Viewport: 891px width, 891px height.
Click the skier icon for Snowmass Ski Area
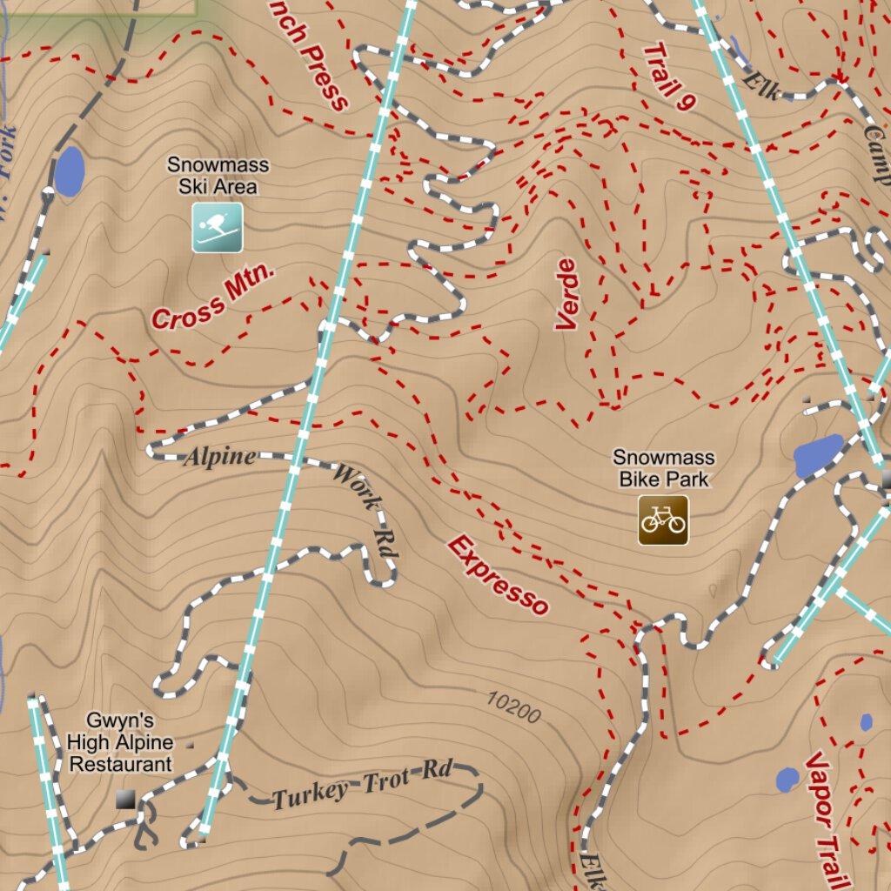(x=217, y=228)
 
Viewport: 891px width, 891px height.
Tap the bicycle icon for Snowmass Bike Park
(x=663, y=520)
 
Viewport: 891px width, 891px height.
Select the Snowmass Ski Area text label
(x=218, y=175)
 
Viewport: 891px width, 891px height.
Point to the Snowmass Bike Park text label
(x=663, y=467)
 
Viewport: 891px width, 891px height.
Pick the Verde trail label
(x=566, y=294)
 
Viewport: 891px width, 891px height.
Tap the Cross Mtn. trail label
(x=213, y=298)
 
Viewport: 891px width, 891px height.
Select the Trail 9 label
(x=669, y=77)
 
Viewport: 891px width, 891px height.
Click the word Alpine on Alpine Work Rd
(x=219, y=457)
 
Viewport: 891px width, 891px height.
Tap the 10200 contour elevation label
(x=513, y=707)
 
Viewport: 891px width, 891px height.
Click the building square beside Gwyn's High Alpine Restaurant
(x=126, y=799)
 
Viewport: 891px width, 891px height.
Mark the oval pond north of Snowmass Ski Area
(x=70, y=171)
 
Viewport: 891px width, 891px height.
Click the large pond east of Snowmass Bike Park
(x=818, y=455)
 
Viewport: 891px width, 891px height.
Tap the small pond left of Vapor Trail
(x=787, y=780)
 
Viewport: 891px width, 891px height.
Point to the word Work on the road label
(x=357, y=487)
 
